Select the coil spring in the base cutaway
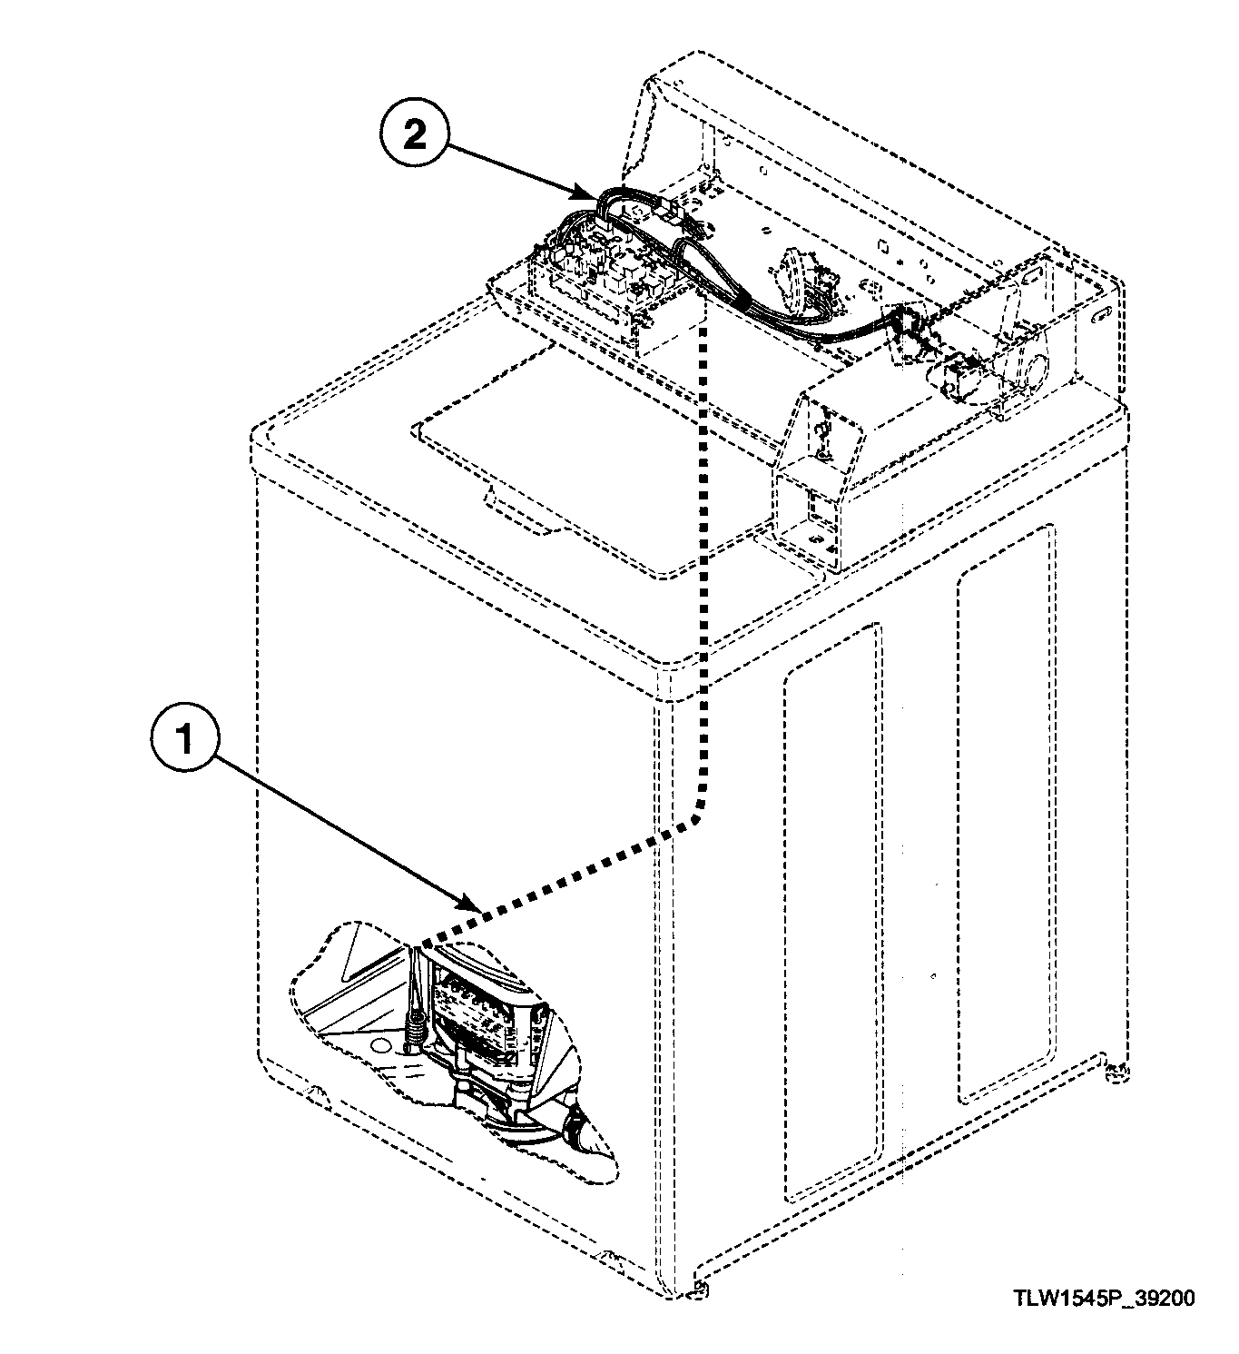click(x=416, y=1028)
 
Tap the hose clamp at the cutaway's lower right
click(x=574, y=1132)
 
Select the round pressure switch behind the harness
click(x=793, y=267)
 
